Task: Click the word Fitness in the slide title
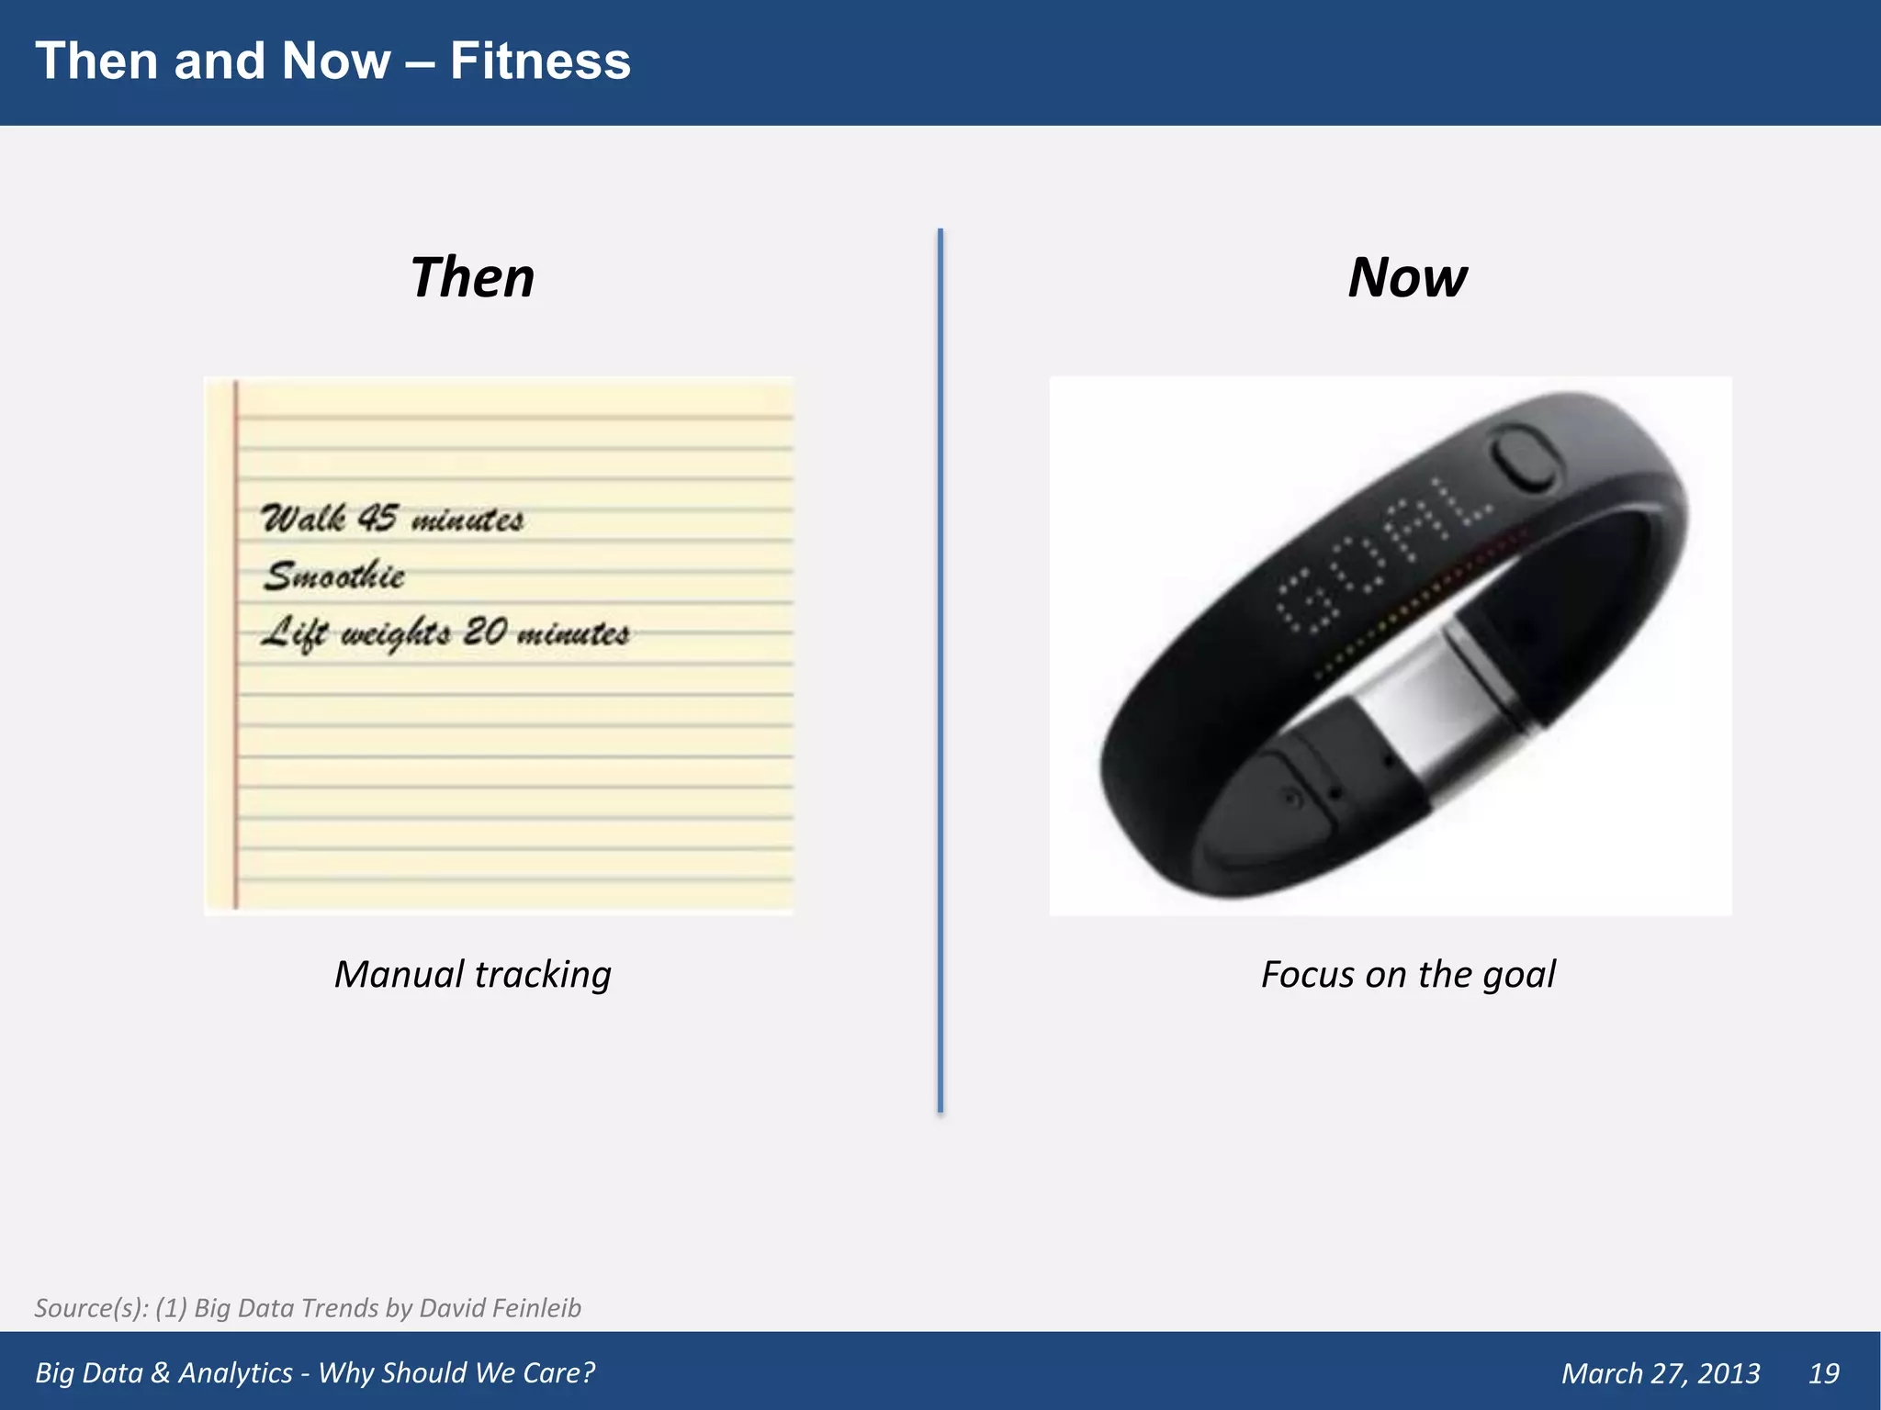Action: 540,62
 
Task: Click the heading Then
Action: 472,277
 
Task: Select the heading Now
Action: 1407,277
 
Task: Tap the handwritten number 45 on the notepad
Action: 377,518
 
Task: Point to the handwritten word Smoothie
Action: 334,576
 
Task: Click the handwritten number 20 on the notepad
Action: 485,632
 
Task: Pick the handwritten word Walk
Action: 304,519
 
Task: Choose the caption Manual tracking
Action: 472,974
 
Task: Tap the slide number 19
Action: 1823,1373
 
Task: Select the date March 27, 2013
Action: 1661,1373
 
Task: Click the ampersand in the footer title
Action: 161,1373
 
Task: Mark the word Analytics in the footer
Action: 235,1373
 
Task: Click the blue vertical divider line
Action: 940,670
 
